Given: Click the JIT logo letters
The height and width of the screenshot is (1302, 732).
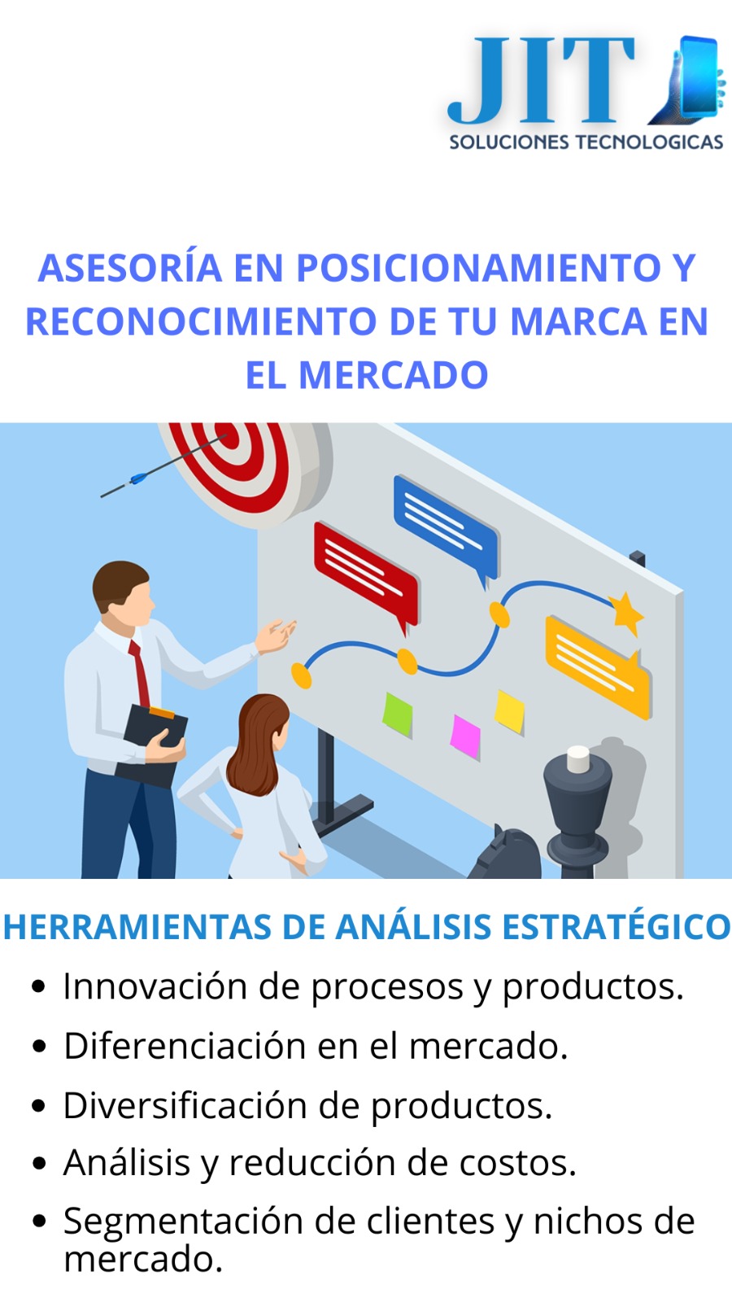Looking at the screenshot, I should (x=541, y=81).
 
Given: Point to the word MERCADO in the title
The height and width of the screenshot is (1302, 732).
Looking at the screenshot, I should (x=393, y=375).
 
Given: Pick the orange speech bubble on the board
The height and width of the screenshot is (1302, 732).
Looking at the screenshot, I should (x=597, y=666).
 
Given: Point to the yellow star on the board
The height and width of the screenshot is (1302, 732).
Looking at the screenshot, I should (x=626, y=612).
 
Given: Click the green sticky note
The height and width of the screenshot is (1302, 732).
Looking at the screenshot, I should (x=398, y=713).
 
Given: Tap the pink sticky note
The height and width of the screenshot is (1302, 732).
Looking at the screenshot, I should (x=465, y=736).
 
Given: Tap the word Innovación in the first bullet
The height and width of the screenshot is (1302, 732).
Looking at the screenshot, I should (x=155, y=986).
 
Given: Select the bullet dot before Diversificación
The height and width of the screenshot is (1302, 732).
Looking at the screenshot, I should (x=39, y=1107).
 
